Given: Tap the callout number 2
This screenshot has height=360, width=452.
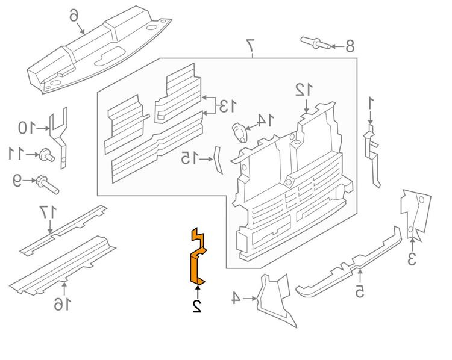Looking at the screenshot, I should (196, 306).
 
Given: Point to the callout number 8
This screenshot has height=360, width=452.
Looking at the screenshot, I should (350, 46).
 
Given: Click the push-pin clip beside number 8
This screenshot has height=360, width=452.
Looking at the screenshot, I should (315, 43).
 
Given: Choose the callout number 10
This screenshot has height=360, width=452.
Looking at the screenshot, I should (25, 128).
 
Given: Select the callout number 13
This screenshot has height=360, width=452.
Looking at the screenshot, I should (227, 107).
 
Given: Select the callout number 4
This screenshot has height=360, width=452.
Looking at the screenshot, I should (236, 297).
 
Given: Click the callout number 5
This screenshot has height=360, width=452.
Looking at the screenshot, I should (359, 292).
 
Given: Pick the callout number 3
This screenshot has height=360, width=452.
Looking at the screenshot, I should (412, 259).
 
